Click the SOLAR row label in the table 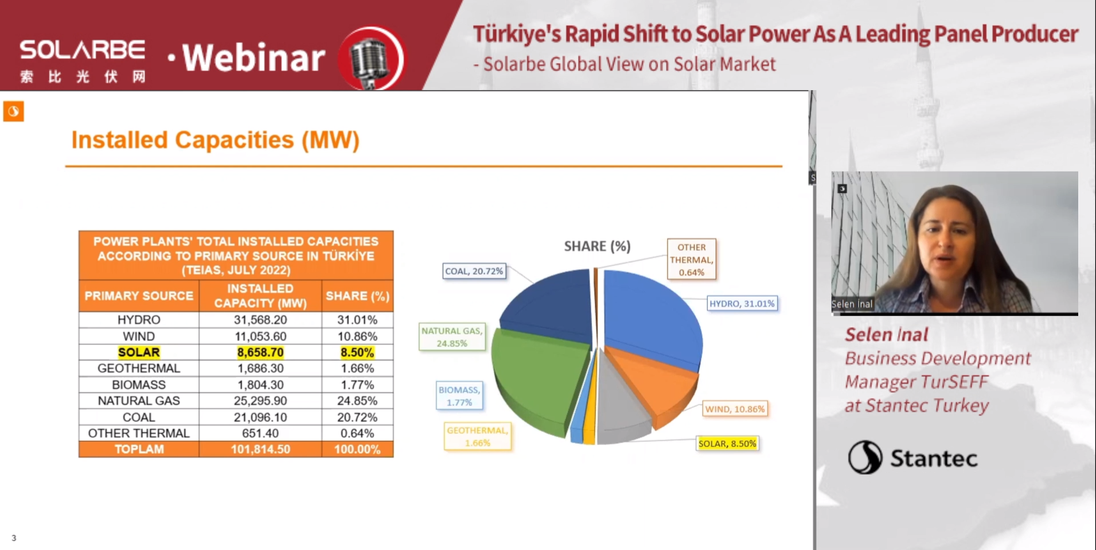coord(139,353)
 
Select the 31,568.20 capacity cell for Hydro coord(260,320)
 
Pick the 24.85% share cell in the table coord(357,401)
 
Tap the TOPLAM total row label coord(139,450)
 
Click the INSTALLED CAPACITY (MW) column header coord(260,296)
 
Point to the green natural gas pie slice coord(536,379)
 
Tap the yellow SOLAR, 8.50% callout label coord(727,444)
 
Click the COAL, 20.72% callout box coord(474,271)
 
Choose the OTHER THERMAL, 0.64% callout coord(691,259)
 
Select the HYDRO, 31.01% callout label coord(742,304)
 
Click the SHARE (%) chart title coord(597,246)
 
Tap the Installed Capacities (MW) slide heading coord(215,140)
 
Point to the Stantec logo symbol coord(864,458)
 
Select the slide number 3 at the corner coord(14,538)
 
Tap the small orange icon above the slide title coord(14,111)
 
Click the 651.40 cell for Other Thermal coord(260,433)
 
